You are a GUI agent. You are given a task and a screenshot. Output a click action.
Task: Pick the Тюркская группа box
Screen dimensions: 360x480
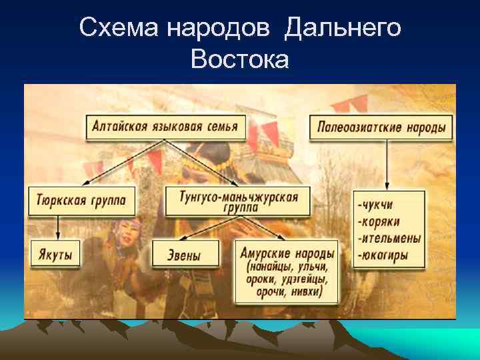[x=81, y=201]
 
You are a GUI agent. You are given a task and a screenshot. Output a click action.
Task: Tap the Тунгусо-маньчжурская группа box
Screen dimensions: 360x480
[x=237, y=201]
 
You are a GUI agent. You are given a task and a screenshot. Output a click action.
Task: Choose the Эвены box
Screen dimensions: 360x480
[x=185, y=254]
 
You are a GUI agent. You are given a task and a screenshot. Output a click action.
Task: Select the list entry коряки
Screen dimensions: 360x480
[x=381, y=220]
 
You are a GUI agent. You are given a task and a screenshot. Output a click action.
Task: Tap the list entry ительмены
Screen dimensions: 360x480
[x=389, y=237]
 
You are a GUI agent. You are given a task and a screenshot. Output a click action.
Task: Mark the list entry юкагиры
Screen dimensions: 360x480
[x=383, y=255]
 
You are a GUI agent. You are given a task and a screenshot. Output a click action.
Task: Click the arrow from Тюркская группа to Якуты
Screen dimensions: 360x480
[x=58, y=228]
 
